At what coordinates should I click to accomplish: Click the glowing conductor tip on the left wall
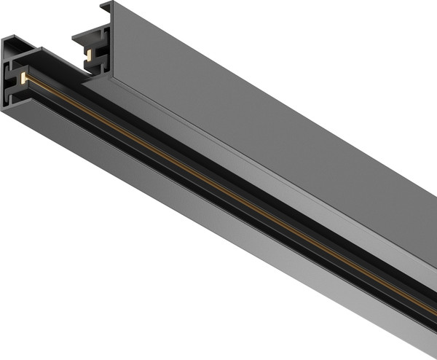coord(23,75)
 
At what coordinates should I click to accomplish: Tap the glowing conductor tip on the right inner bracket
coord(88,55)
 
